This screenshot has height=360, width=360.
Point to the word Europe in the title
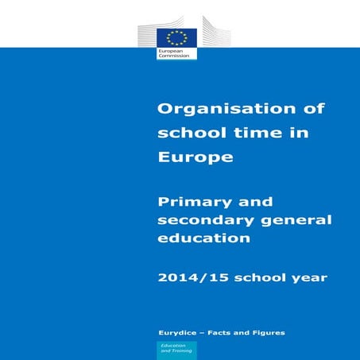196,157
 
